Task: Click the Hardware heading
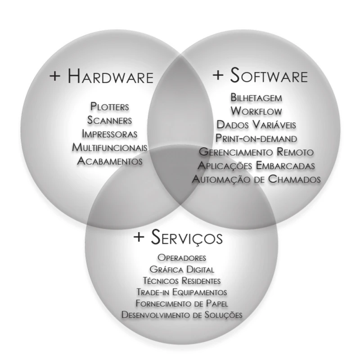110,76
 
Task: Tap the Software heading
269,75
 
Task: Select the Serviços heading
187,237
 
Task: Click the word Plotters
109,107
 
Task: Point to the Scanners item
109,120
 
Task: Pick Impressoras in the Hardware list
109,134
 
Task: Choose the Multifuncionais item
109,148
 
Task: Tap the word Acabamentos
110,161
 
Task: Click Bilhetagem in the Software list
256,98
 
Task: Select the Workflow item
256,111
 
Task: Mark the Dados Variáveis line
256,125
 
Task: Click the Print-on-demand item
256,139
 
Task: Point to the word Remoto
295,152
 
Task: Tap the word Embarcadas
285,166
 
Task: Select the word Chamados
294,179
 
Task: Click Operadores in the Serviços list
182,258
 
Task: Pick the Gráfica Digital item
182,269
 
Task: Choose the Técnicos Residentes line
182,281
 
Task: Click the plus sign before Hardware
55,76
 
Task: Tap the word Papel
217,303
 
